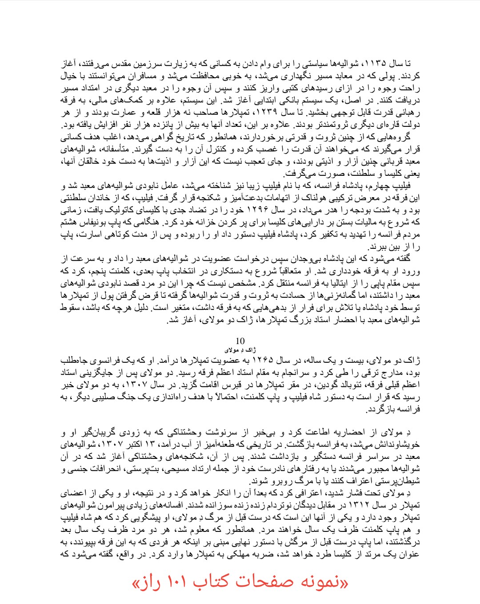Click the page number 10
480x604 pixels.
[x=240, y=341]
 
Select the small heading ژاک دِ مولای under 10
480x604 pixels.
[x=240, y=350]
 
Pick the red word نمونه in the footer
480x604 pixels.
[x=321, y=582]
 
